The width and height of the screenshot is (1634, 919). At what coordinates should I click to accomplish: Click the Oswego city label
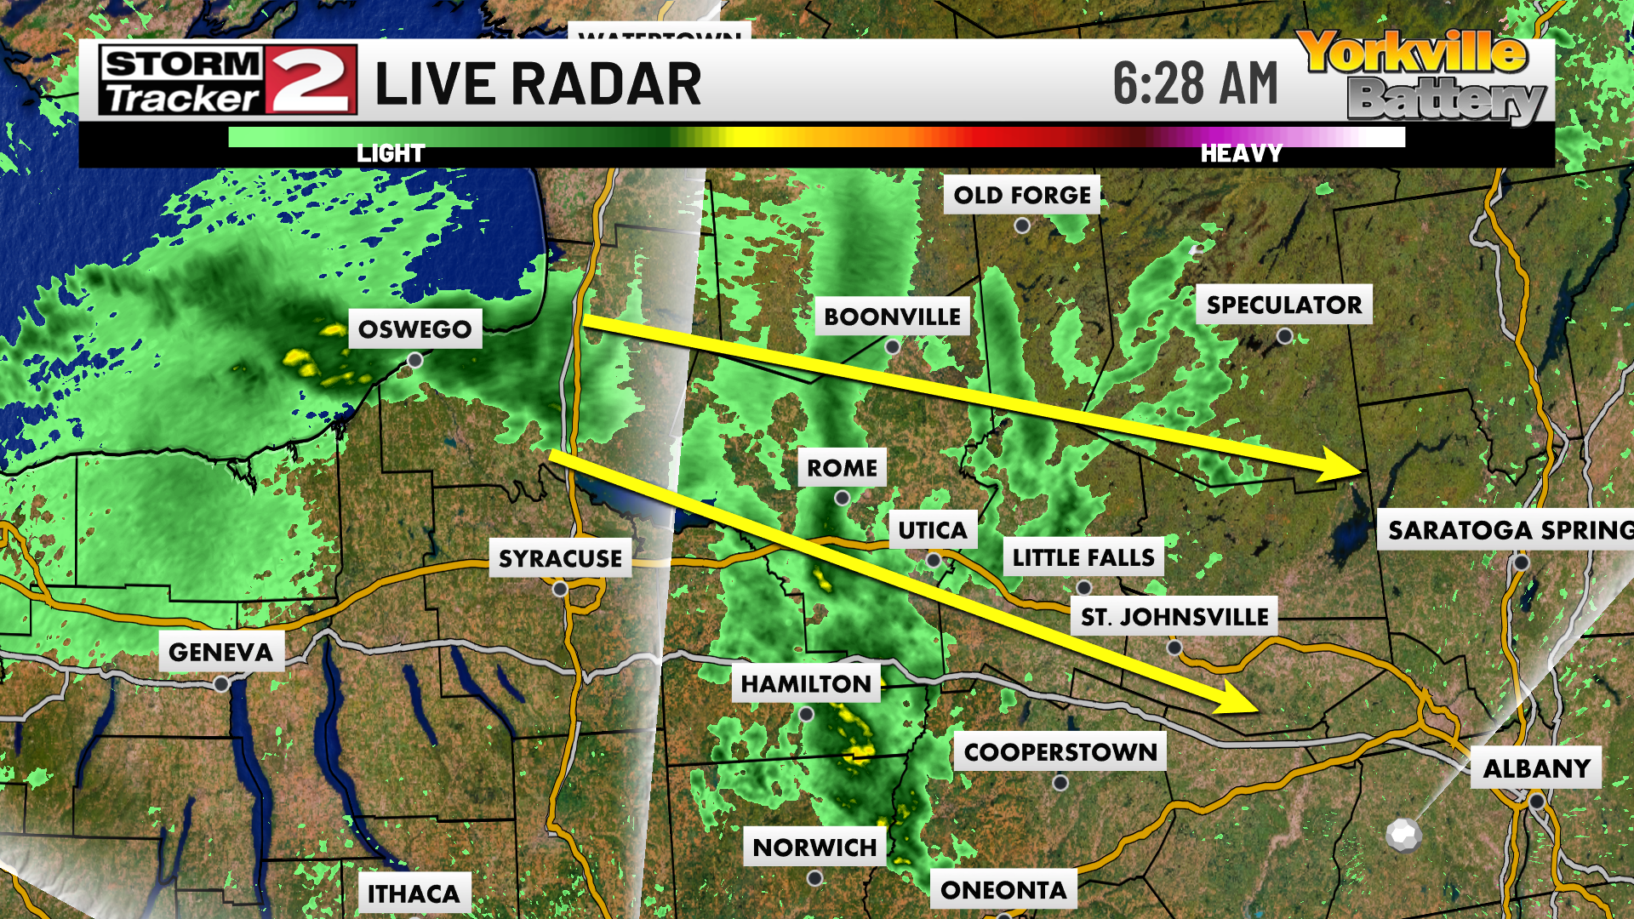(414, 329)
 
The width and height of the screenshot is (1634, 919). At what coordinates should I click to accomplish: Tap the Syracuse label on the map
(560, 558)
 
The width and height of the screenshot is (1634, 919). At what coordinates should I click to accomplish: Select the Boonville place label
(892, 317)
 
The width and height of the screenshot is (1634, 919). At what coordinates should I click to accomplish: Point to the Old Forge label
(1021, 195)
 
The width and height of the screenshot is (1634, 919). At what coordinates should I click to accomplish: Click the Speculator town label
(1283, 305)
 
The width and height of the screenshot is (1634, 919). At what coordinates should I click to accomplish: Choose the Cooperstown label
(1060, 752)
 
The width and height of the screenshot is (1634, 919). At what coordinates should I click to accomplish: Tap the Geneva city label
(220, 652)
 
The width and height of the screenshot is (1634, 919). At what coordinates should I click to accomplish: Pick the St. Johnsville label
(1174, 617)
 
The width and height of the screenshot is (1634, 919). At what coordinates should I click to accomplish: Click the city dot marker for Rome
(842, 499)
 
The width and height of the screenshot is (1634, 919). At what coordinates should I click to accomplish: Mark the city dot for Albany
(1536, 802)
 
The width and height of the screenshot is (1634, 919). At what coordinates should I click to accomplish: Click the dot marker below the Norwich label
(814, 877)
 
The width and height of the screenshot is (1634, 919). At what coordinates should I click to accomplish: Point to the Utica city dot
(934, 561)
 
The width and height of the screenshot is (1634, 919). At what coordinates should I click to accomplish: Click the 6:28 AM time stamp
(1195, 83)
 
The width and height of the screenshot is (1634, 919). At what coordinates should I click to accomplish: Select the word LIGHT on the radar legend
(390, 154)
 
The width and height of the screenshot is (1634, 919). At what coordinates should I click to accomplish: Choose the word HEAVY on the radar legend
(1240, 154)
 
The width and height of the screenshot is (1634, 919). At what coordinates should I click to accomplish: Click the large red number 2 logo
(310, 80)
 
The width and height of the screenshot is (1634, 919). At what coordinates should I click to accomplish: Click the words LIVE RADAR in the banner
(538, 84)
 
